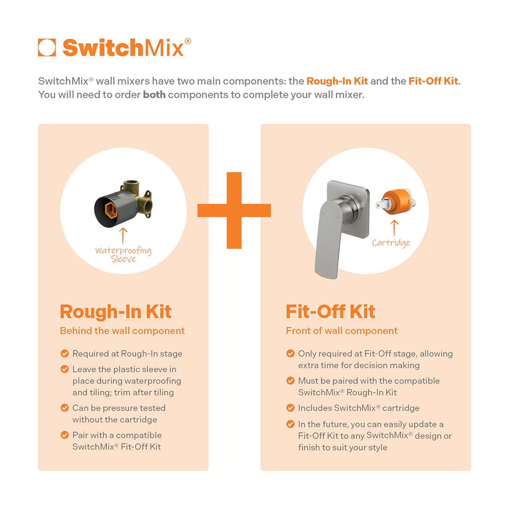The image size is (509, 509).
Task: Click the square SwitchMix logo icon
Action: [47, 48]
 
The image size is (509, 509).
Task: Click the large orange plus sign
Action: [234, 211]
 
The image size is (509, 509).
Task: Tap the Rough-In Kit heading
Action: [116, 312]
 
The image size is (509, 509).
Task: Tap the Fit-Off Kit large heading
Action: [330, 312]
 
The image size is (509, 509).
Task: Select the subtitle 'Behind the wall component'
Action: [122, 331]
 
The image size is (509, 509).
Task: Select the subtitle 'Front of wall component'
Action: [341, 331]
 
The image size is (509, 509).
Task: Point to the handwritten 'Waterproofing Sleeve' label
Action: [123, 254]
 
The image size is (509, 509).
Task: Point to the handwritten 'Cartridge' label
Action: [391, 242]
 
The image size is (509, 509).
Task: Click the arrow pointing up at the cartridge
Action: [394, 228]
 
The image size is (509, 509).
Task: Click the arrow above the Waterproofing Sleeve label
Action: [123, 235]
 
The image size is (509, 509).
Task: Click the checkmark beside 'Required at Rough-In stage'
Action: [65, 354]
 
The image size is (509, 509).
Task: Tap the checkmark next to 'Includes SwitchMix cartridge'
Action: [291, 408]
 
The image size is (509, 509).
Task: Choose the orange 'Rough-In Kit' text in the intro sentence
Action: [337, 81]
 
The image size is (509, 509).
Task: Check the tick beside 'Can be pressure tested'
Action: [65, 408]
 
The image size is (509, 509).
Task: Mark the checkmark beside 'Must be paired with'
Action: [291, 381]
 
